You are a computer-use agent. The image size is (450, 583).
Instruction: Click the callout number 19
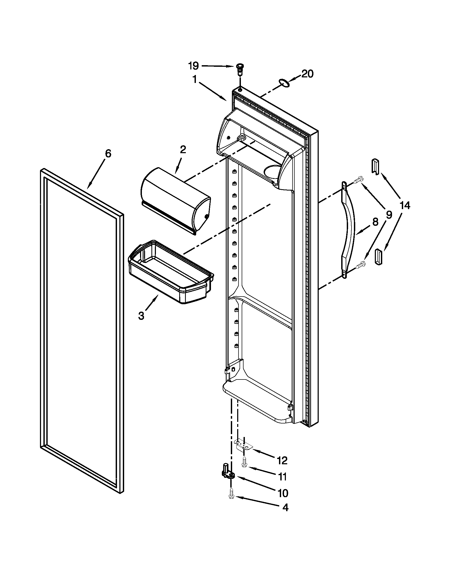(193, 65)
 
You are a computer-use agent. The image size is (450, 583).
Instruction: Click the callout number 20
(307, 74)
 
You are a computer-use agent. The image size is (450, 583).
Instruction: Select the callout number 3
(141, 316)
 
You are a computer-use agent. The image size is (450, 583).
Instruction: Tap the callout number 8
(375, 222)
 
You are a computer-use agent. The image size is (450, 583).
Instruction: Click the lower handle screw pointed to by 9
(360, 264)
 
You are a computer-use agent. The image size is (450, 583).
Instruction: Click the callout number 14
(404, 206)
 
